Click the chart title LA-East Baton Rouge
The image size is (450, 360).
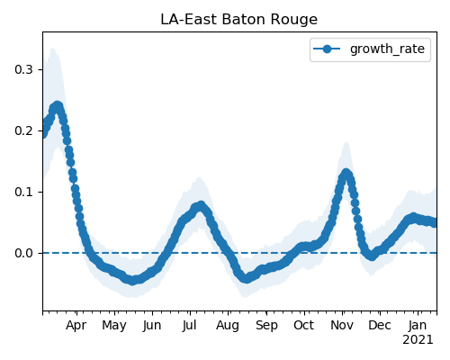click(238, 20)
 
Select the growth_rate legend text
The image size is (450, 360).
click(387, 49)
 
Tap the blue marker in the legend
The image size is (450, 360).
click(327, 49)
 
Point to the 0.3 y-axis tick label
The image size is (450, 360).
click(23, 69)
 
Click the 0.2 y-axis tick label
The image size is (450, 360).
click(23, 130)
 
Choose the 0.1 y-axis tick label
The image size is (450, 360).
click(23, 192)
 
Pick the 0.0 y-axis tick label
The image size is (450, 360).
click(23, 253)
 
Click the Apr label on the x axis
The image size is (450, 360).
click(76, 326)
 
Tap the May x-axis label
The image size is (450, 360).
click(114, 326)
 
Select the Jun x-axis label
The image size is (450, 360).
click(152, 326)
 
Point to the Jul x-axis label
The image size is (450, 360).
click(189, 326)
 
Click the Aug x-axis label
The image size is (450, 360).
click(228, 326)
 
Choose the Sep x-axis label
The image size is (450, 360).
click(266, 326)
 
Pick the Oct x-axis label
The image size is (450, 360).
click(303, 326)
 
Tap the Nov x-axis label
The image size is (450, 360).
click(342, 326)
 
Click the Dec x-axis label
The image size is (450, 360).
click(380, 326)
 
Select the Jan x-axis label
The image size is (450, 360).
click(418, 326)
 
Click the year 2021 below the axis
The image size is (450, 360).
click(418, 340)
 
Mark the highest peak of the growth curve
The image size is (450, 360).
click(58, 106)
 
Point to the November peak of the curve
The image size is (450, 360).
click(346, 174)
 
